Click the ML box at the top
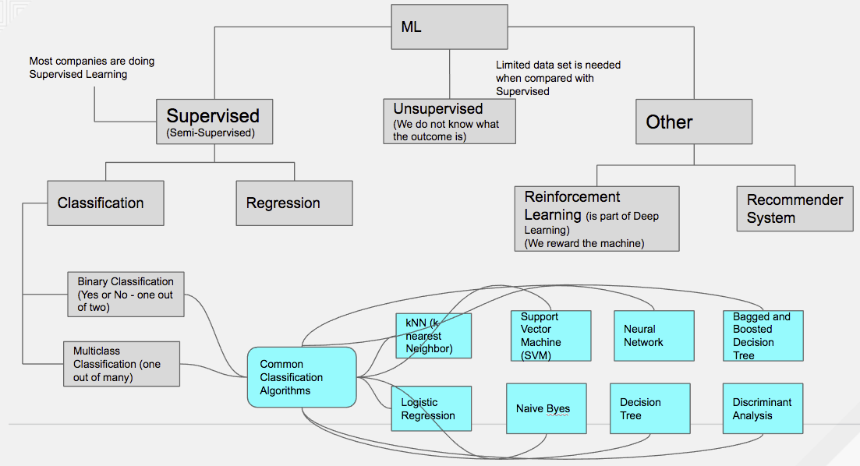pos(449,26)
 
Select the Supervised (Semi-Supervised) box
pos(214,122)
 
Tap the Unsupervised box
pos(449,121)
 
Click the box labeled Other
pos(694,122)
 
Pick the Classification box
pos(105,203)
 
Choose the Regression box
pos(294,203)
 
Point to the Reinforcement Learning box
pos(596,218)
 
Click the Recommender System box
pos(795,209)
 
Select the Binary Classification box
pos(126,295)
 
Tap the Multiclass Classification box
pos(121,364)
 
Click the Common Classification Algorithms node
pos(302,377)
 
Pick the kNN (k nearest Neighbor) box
pos(433,336)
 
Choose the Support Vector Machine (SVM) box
pos(550,336)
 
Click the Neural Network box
pos(653,336)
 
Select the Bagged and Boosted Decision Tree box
pos(763,336)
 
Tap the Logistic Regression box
pos(431,408)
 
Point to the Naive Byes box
pos(546,408)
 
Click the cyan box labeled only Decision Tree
pos(649,408)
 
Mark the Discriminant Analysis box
pos(762,408)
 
